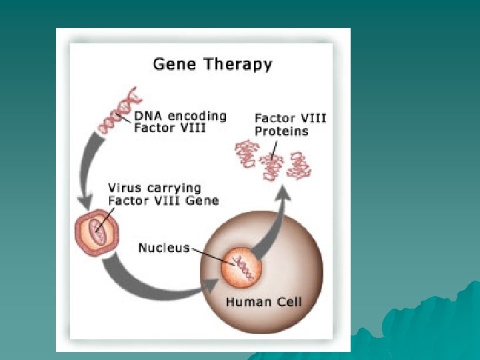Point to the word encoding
197,117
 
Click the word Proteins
281,131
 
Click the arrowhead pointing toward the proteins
283,194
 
